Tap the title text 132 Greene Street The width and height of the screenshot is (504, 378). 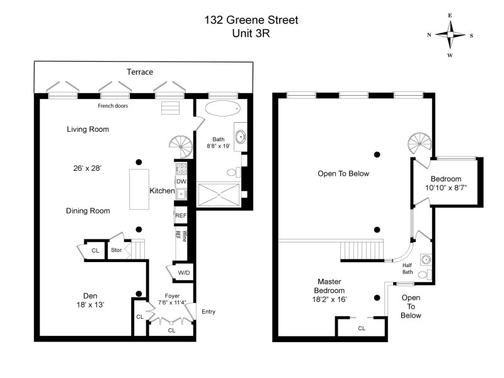251,20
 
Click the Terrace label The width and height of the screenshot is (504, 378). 140,72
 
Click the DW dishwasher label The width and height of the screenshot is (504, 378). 181,181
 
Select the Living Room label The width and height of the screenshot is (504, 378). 88,130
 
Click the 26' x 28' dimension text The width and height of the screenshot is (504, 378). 88,169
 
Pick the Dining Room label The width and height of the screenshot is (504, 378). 88,211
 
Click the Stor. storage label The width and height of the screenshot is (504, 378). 117,251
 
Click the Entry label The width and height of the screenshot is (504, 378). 209,312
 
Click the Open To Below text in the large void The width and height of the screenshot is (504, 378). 344,174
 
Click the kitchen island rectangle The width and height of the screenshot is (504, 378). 140,189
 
